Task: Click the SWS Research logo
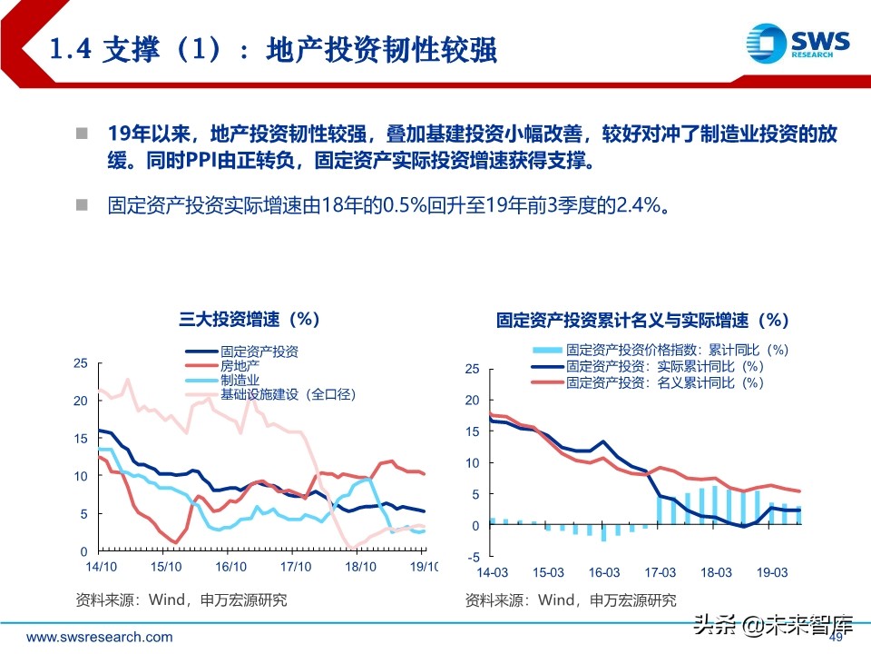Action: pyautogui.click(x=798, y=42)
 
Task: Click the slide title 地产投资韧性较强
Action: pyautogui.click(x=381, y=49)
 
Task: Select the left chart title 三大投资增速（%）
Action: pyautogui.click(x=249, y=319)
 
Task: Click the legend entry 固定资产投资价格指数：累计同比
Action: pyautogui.click(x=676, y=350)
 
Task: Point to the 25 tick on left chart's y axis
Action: pyautogui.click(x=81, y=363)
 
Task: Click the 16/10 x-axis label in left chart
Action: pyautogui.click(x=231, y=566)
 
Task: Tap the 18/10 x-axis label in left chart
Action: pyautogui.click(x=360, y=566)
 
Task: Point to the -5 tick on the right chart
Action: pyautogui.click(x=471, y=556)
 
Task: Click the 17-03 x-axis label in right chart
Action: pyautogui.click(x=661, y=572)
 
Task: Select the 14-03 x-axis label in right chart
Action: pyautogui.click(x=492, y=572)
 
